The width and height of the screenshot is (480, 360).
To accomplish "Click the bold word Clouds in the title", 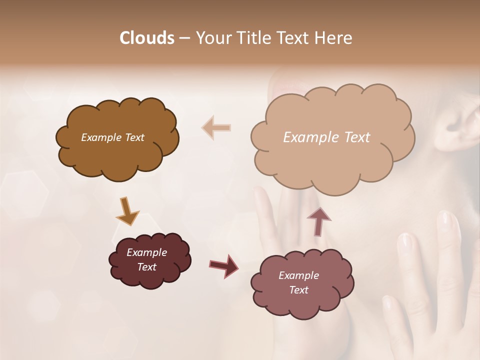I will (146, 38).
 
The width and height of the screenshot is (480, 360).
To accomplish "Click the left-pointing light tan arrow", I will (216, 127).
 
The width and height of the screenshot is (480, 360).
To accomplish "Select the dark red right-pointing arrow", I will (223, 265).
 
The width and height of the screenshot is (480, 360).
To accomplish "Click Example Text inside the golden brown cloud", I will (112, 137).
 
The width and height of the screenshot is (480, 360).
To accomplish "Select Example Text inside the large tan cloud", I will (326, 137).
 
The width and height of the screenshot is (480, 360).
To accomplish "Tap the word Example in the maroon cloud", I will (146, 252).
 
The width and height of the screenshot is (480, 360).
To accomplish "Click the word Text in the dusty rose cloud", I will (298, 290).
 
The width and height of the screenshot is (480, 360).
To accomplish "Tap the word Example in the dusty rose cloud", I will (298, 275).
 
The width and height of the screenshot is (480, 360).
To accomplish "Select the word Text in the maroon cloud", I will (146, 267).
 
